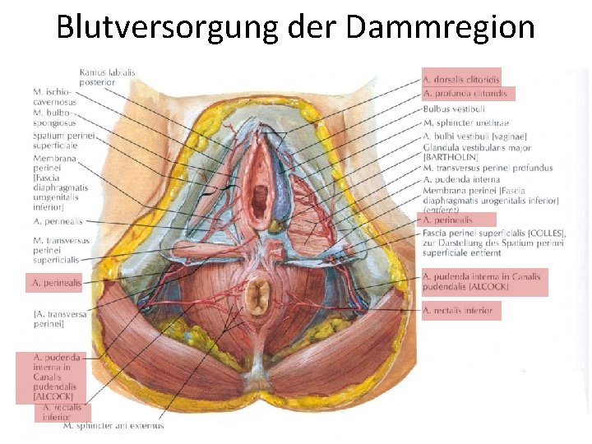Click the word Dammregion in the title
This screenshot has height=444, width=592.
coord(441,27)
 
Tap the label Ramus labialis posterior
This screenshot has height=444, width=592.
coord(107,77)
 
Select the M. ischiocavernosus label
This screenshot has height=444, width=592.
coord(54,96)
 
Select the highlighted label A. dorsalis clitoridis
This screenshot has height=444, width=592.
coord(460,80)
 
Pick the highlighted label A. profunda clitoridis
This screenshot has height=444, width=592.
coord(465,94)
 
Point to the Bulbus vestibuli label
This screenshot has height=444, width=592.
coord(454,109)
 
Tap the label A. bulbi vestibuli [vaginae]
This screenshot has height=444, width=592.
coord(474,136)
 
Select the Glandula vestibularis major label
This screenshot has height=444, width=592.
coord(476,148)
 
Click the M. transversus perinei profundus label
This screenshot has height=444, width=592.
coord(488,169)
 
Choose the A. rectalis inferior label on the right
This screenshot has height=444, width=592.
coord(458,310)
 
